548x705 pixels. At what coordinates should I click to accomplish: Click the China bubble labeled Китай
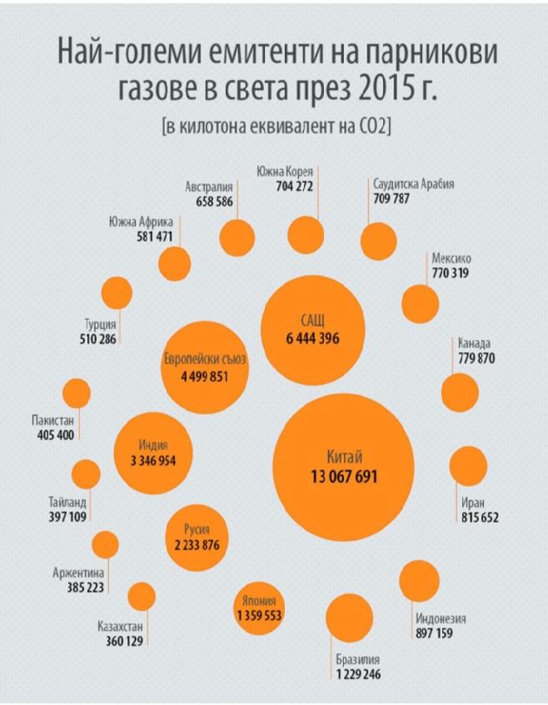[344, 465]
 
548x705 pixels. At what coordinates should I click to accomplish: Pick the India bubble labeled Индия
[153, 452]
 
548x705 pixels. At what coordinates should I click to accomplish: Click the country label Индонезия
[441, 618]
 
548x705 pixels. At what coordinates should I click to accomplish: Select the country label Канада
[474, 342]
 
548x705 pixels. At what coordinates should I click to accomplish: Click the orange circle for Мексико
[421, 303]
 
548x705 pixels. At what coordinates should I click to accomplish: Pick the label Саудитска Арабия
[413, 184]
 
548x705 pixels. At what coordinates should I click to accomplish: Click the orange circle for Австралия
[237, 237]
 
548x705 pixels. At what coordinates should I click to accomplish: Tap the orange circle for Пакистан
[77, 393]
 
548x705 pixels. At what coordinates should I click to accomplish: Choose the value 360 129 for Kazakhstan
[120, 642]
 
